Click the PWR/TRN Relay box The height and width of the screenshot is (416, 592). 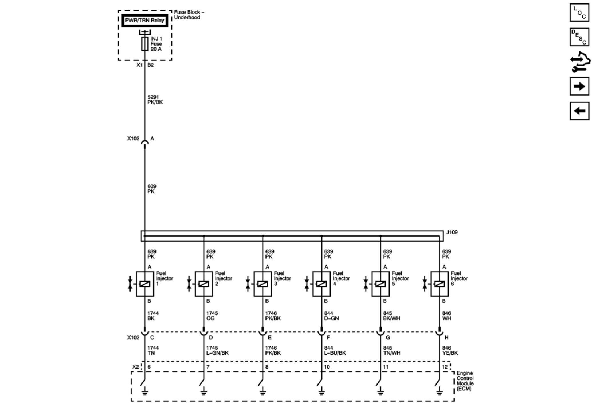pos(145,21)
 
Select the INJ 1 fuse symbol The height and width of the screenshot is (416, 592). pos(145,44)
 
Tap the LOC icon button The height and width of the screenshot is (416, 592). pos(579,13)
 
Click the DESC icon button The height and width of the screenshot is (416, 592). pos(579,37)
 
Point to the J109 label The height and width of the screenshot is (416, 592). pos(452,232)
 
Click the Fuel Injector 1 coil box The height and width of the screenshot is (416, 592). pos(145,284)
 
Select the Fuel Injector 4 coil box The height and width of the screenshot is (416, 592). pos(321,284)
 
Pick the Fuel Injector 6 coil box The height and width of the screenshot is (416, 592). pos(439,284)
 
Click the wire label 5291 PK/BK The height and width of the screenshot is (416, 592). pos(155,100)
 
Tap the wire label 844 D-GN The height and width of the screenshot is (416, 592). pos(331,316)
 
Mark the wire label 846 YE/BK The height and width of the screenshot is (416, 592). pos(450,350)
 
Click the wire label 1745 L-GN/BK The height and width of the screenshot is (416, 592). pos(217,350)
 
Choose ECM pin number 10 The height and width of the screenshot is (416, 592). pos(327,367)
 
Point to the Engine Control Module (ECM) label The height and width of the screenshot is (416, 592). pos(465,381)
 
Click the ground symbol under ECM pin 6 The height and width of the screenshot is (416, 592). pos(145,391)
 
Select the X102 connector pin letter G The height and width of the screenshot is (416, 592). pos(388,338)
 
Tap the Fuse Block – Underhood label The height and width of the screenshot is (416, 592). pos(189,15)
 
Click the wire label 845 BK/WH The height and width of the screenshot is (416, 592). pos(391,316)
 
